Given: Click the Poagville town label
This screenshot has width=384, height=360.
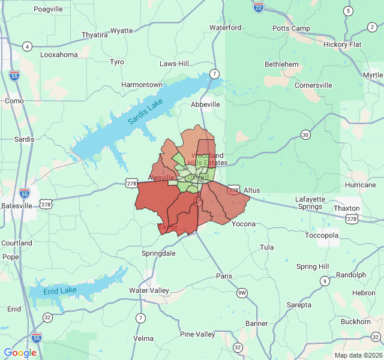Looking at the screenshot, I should tap(48, 9).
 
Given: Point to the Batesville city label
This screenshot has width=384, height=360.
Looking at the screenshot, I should tap(16, 205).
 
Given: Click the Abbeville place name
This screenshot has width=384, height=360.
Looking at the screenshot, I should tap(205, 104).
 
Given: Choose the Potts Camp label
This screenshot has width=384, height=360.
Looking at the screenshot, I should tap(291, 28).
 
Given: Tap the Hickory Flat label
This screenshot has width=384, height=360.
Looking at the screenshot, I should tap(343, 44).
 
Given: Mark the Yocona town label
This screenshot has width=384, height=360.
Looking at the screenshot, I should tap(244, 224).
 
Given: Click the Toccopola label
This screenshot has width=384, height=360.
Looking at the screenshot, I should tap(322, 235).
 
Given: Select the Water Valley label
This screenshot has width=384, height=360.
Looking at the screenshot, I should tap(149, 290).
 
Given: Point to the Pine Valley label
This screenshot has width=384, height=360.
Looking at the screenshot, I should tap(197, 334).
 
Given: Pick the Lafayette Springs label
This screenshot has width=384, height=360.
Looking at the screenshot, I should tap(310, 203).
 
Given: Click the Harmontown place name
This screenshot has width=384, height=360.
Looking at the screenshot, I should tap(142, 85).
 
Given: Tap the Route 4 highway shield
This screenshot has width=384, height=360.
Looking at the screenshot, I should tap(27, 47).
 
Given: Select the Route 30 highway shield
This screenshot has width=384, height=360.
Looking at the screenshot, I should tap(306, 135).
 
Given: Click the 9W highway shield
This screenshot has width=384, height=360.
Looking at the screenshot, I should tap(242, 293).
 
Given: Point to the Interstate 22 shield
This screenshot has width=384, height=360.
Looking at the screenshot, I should tap(258, 7).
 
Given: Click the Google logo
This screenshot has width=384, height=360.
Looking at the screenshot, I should tap(20, 353).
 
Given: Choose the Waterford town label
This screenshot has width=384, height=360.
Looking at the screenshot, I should tap(225, 28).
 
